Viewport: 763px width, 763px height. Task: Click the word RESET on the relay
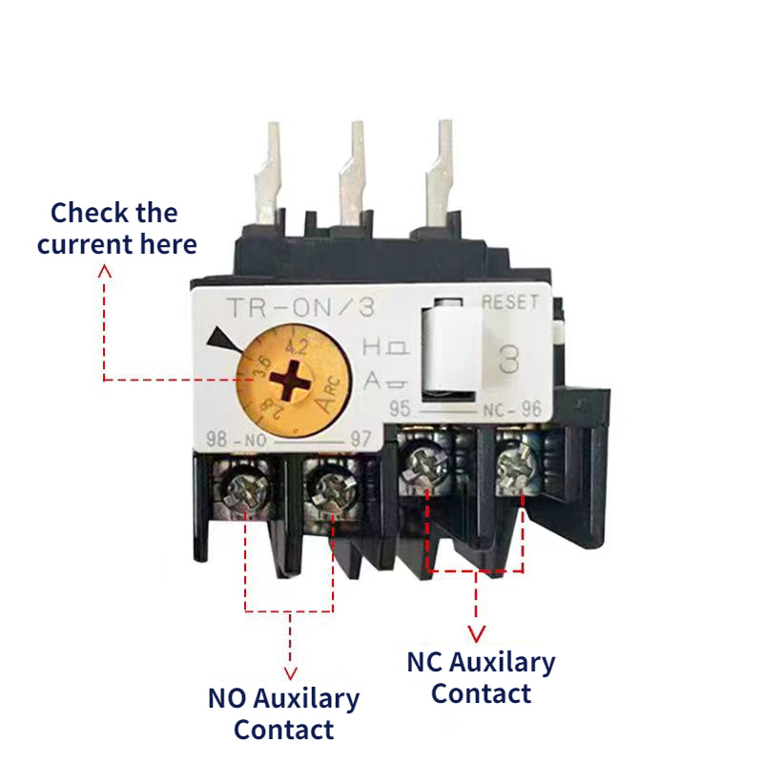pos(510,302)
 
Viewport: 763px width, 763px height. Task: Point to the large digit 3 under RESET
pos(509,359)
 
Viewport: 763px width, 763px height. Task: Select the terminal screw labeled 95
pos(423,468)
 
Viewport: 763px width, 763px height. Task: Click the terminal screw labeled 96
pos(516,467)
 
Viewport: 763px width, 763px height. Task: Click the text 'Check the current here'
pos(115,228)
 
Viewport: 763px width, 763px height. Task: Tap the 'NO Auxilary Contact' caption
pos(283,714)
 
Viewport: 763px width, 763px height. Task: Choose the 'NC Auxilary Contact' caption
pos(481,677)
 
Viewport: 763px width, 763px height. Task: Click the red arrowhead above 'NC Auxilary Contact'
pos(476,633)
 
